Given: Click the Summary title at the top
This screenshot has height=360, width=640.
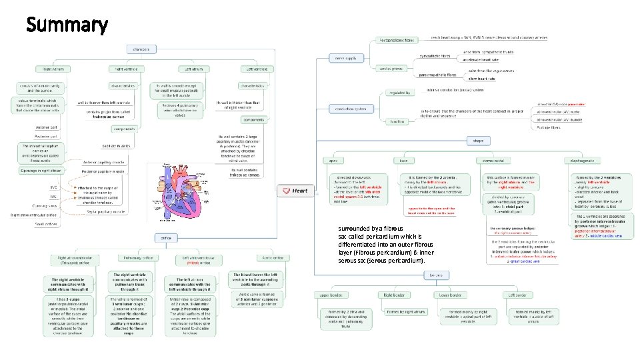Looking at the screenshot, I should coord(67,25).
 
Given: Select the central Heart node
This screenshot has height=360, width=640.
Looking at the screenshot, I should coord(296,191).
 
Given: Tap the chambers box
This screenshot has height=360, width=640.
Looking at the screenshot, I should coord(140,49).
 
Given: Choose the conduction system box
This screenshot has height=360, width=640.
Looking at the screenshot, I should coord(351,109).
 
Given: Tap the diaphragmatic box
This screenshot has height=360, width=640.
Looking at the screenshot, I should coord(582,161).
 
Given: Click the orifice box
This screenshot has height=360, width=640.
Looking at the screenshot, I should coord(165,237).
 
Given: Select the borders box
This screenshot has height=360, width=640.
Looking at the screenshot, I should coord(437,275).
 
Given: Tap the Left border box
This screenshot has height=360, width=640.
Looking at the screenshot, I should coord(520,295).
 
